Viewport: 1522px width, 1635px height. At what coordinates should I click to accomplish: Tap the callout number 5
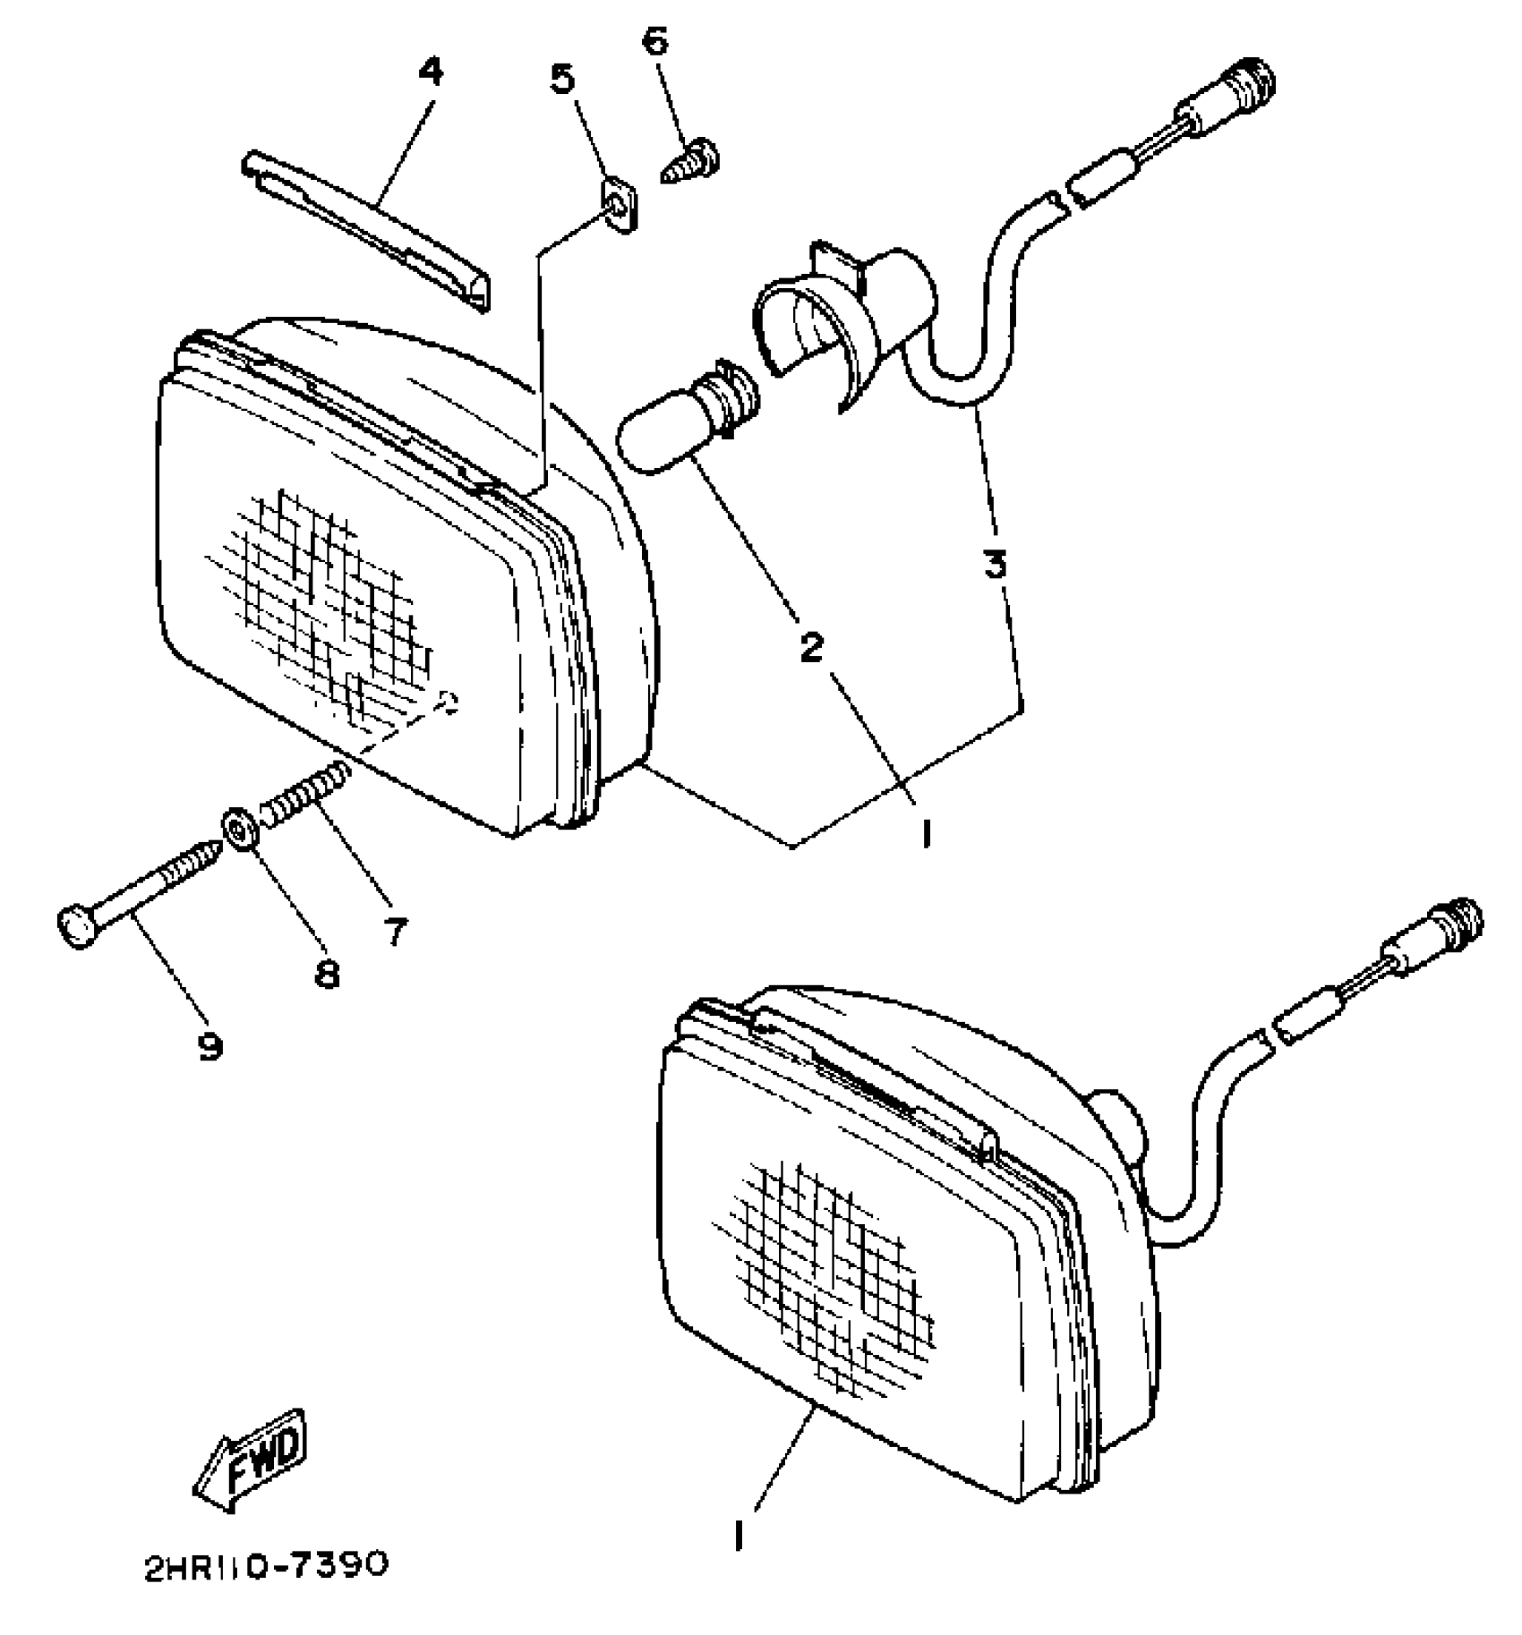click(562, 80)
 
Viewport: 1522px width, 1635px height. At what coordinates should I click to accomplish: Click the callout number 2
click(811, 647)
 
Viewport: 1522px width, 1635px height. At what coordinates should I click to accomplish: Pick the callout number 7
click(394, 931)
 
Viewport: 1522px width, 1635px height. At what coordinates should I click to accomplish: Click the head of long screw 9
click(76, 929)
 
